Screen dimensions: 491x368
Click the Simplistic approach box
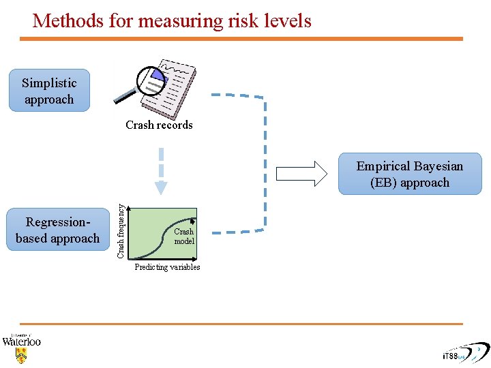pos(49,91)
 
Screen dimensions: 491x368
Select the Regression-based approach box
pos(58,230)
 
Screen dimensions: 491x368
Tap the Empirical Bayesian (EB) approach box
pos(410,174)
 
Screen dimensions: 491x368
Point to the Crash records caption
pos(159,125)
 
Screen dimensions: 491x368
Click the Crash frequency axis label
pos(121,223)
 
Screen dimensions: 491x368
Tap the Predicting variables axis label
pos(167,267)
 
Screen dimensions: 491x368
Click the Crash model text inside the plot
pos(184,236)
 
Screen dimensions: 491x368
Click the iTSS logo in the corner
pos(464,354)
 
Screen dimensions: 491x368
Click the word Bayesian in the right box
pos(436,166)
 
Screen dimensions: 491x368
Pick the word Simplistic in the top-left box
pos(49,83)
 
